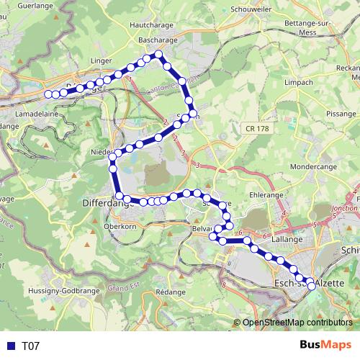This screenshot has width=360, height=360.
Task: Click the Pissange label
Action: (x=341, y=114)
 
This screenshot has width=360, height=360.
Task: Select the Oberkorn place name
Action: (x=120, y=225)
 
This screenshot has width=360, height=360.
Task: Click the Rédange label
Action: (x=171, y=293)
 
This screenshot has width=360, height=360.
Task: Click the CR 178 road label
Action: (x=256, y=127)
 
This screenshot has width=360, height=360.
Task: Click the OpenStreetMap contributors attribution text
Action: (x=297, y=323)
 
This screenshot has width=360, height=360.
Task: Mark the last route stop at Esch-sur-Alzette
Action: (x=311, y=286)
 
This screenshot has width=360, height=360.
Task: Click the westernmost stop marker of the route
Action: (x=48, y=94)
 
